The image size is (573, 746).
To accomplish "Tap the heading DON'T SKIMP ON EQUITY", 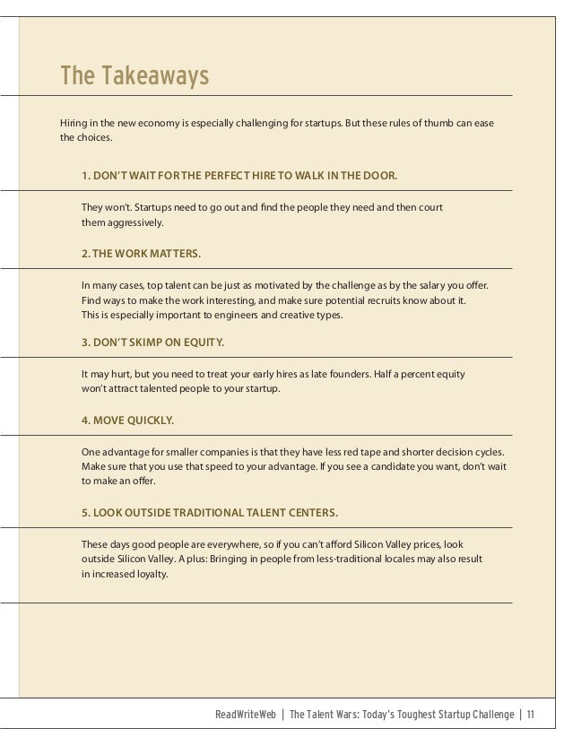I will [152, 342].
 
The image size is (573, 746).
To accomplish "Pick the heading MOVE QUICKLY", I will [128, 418].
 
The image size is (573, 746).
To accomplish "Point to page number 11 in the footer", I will [531, 715].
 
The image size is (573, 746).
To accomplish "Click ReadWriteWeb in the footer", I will [247, 715].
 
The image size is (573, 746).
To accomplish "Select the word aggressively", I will [135, 222].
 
